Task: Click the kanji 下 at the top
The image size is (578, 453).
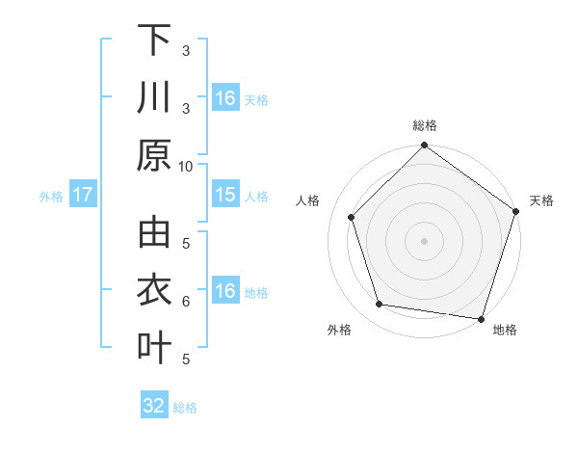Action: [154, 40]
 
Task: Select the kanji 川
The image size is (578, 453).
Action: [154, 97]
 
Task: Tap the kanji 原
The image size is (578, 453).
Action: [154, 154]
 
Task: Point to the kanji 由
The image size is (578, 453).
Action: [154, 234]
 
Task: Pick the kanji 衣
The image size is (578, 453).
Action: [154, 291]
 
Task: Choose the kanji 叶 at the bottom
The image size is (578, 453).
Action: [154, 348]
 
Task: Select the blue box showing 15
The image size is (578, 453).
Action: [225, 195]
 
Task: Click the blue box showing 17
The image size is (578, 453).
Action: [83, 195]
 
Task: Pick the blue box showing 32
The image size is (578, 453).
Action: [154, 406]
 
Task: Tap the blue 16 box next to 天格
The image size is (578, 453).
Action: [225, 98]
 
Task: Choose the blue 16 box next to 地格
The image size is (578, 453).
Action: [225, 291]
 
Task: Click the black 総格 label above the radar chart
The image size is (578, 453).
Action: [425, 125]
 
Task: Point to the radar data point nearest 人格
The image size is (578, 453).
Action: [352, 217]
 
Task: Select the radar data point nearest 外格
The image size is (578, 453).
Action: [380, 305]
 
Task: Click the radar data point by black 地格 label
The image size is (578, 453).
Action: [481, 317]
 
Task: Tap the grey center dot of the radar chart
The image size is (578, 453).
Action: [425, 240]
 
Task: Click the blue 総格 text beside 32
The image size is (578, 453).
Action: [185, 408]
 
